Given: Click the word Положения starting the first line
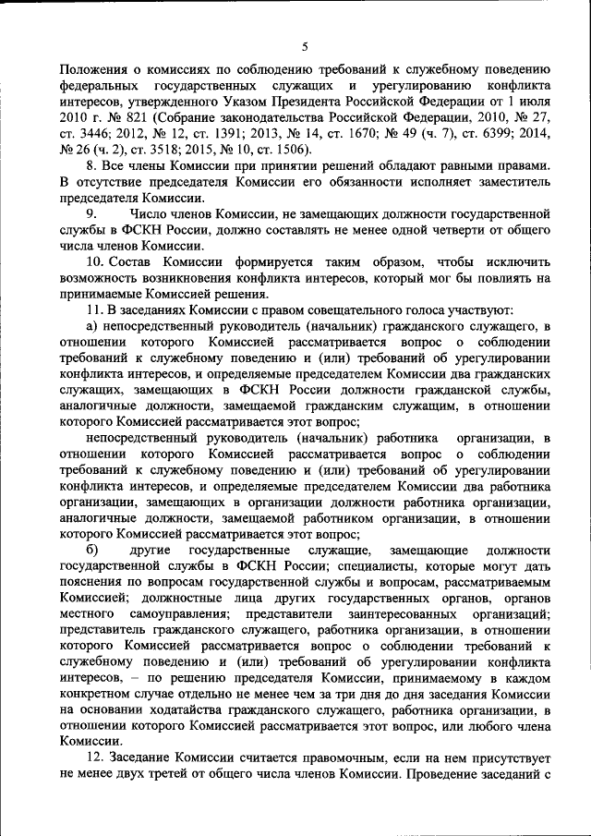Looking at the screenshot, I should [x=92, y=68].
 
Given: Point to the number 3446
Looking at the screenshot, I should [x=95, y=136].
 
